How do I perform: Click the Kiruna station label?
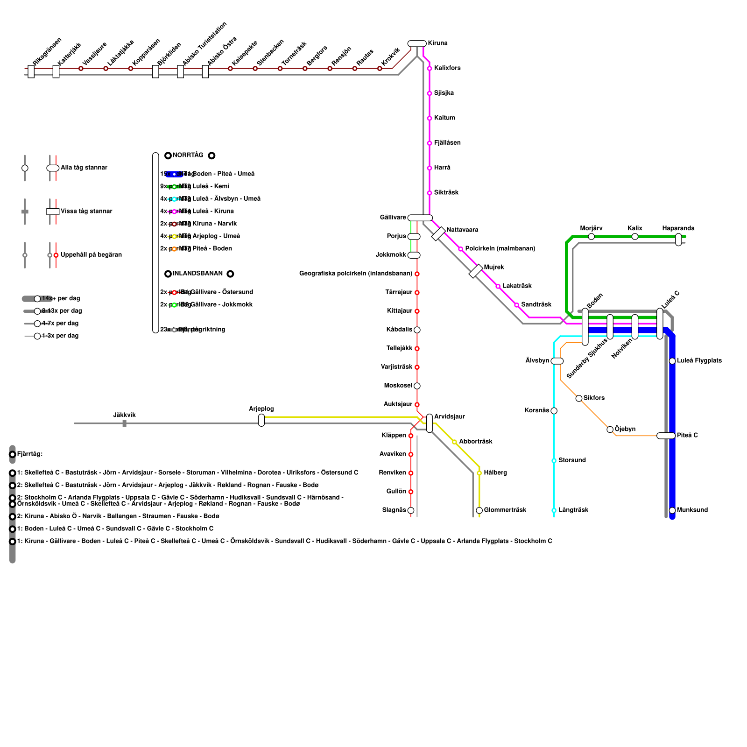coord(437,43)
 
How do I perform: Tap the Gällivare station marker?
coord(420,218)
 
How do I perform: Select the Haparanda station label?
coord(678,228)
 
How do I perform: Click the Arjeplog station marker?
coord(261,420)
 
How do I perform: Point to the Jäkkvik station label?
coord(124,415)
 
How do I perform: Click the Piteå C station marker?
coord(666,436)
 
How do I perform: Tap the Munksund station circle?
coord(672,510)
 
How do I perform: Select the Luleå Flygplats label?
coord(699,361)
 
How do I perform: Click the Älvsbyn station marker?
coord(557,361)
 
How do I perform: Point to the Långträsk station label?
coord(573,510)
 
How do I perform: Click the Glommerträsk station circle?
coord(479,510)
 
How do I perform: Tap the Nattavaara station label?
coord(462,230)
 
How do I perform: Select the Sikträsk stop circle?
coord(430,193)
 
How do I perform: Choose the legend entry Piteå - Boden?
coord(212,249)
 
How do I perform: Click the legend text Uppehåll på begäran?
coord(91,255)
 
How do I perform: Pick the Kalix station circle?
coord(635,237)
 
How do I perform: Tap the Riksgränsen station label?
coord(47,52)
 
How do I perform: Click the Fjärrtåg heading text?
coord(30,454)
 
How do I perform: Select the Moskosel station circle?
coord(417,386)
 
